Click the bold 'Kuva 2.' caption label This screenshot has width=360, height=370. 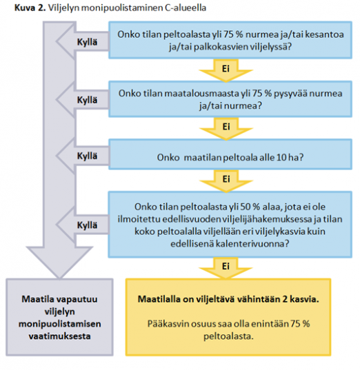point(30,8)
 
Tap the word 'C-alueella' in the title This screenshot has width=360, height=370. point(186,8)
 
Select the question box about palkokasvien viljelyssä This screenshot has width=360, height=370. point(230,40)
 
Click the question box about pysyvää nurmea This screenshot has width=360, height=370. point(230,99)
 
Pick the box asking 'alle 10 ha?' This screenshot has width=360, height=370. point(230,154)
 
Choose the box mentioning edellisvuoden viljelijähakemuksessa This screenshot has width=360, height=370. point(230,225)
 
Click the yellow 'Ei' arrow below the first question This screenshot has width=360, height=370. point(226,70)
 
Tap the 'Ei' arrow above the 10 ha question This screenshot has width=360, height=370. point(226,129)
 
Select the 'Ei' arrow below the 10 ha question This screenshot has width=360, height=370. point(226,181)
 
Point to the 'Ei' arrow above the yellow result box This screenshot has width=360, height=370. point(226,268)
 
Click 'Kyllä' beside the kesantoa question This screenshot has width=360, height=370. point(87,42)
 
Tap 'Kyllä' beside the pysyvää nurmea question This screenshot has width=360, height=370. point(87,100)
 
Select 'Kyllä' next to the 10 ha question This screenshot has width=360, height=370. point(87,156)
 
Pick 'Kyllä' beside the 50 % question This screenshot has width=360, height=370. point(87,225)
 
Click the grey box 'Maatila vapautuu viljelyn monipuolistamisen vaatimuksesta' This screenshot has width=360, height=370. point(59,317)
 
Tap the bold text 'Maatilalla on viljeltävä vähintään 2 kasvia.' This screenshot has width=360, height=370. point(228,299)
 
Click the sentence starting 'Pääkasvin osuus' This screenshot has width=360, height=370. point(228,330)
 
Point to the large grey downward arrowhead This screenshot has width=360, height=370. point(59,263)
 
